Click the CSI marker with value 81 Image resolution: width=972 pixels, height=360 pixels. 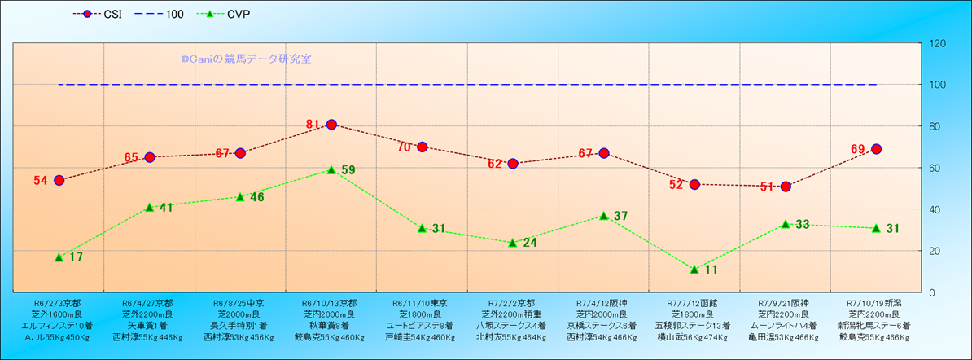click(331, 125)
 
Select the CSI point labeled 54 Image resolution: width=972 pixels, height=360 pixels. click(59, 180)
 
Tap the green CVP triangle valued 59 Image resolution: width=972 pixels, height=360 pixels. click(331, 169)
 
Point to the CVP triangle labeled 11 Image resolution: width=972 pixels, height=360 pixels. click(694, 269)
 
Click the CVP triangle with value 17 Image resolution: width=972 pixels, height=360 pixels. click(59, 257)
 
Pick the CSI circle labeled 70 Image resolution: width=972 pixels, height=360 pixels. click(422, 147)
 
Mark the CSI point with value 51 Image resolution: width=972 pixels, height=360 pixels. click(786, 187)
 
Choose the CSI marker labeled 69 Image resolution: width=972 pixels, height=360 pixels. click(876, 149)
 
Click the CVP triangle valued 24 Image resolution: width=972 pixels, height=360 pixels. click(513, 243)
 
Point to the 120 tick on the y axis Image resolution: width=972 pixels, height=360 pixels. click(937, 43)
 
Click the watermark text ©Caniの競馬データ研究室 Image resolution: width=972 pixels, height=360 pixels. click(246, 59)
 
